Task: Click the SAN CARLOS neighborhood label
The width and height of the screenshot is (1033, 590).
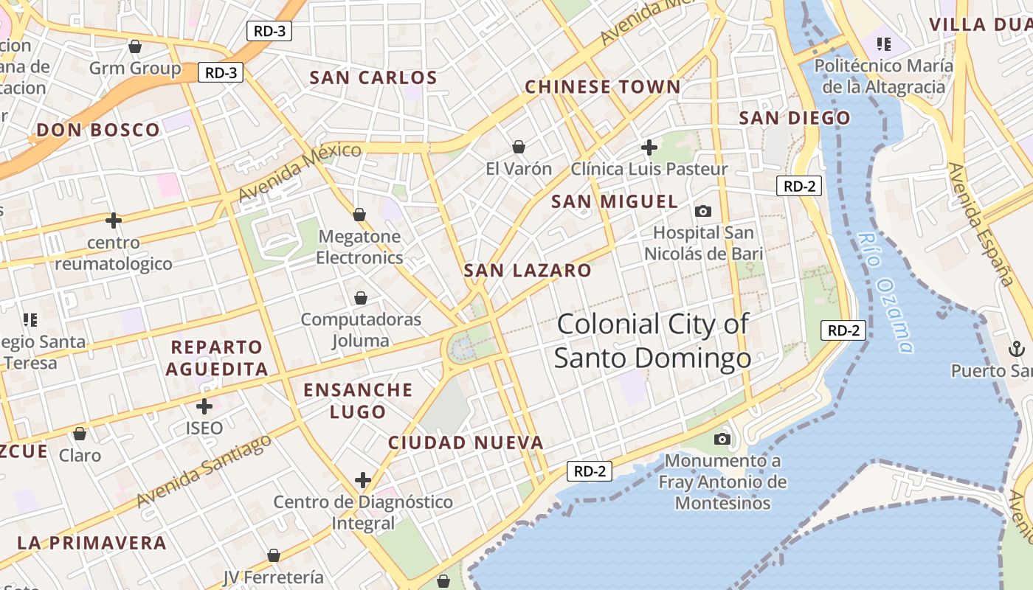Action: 373,77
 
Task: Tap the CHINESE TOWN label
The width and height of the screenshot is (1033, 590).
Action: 602,87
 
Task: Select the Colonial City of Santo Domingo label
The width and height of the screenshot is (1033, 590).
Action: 652,341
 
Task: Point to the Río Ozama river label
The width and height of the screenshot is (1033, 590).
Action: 886,292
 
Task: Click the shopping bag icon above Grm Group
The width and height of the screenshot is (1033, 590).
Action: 135,47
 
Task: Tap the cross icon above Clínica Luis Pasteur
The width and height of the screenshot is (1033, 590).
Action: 649,147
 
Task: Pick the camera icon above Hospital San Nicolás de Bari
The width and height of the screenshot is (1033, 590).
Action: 703,212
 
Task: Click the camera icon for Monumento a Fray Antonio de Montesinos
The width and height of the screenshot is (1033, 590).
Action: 722,440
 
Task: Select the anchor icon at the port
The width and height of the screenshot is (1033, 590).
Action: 1016,348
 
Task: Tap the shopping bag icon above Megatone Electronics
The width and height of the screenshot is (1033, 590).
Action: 359,215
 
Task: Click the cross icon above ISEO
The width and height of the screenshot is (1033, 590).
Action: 204,406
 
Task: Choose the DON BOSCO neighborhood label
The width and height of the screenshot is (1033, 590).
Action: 98,131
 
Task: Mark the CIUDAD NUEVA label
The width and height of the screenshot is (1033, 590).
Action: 466,442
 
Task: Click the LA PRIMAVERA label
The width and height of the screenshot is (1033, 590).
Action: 91,543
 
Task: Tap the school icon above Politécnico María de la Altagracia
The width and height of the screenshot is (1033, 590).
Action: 883,44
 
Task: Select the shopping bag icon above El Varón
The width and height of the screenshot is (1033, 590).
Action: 519,147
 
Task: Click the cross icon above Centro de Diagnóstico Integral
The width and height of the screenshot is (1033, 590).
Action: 362,481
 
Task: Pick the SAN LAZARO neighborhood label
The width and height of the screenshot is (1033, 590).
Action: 528,271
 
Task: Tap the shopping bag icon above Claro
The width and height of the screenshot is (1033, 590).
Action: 80,434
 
